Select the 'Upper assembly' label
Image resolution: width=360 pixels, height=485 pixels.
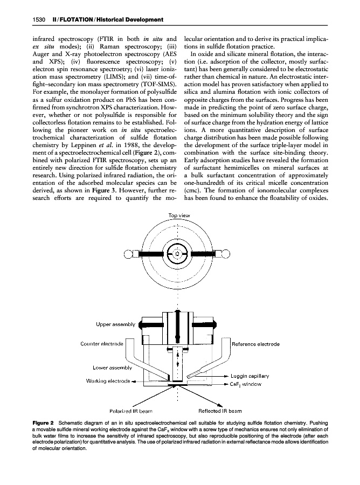point(115,324)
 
